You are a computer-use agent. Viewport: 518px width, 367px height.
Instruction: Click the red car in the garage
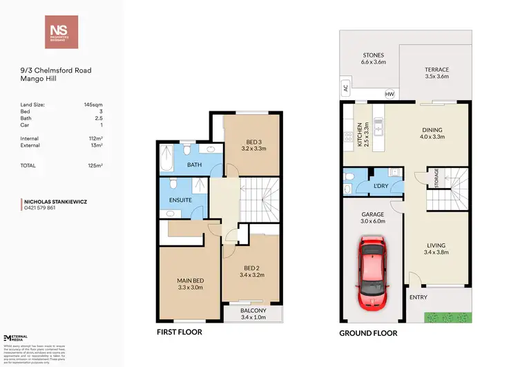[372, 274]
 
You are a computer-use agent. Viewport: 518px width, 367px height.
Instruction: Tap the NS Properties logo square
[61, 32]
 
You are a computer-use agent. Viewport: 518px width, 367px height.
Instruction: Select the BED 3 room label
[251, 143]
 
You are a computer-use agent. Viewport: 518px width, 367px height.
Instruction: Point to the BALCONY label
[252, 311]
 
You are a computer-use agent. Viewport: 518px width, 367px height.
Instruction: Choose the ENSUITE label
[180, 200]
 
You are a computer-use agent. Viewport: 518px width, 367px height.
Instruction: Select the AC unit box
[346, 88]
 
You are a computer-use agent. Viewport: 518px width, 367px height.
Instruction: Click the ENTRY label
[419, 297]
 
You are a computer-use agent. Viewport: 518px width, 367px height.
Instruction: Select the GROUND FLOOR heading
[368, 332]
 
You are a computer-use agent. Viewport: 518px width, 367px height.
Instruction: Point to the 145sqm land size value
[92, 104]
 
